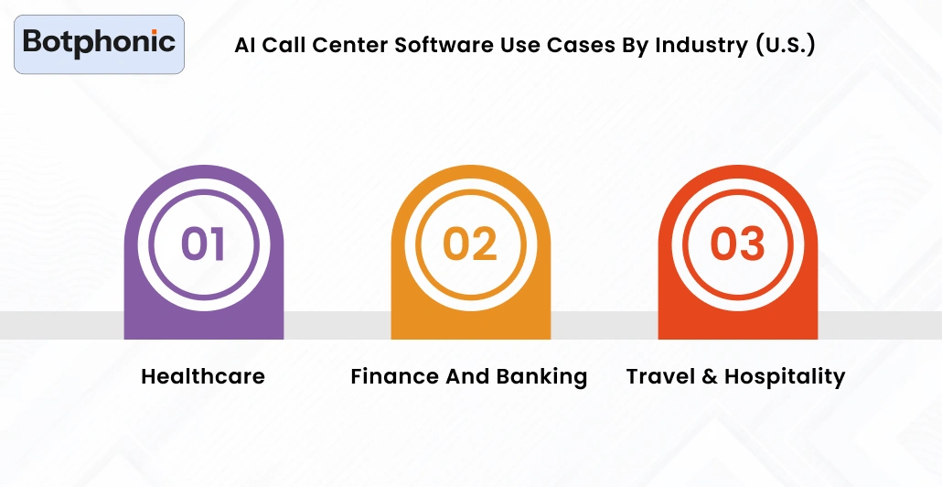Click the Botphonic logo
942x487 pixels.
coord(99,43)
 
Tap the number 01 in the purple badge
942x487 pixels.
coord(203,244)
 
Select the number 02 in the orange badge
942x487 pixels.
coord(470,244)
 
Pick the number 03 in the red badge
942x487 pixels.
coord(737,244)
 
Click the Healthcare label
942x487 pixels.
coord(203,376)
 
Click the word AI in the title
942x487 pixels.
coord(245,46)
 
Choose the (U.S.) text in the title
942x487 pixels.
coord(786,46)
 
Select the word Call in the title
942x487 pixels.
coord(284,46)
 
